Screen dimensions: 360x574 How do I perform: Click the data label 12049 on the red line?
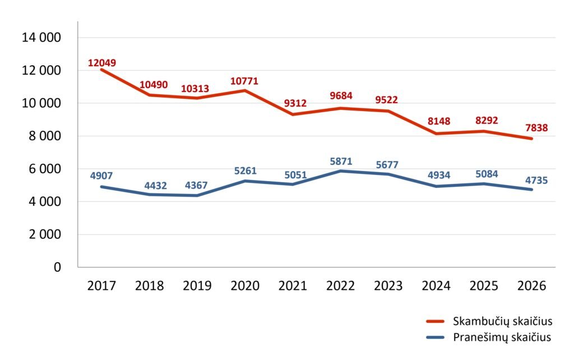coord(102,63)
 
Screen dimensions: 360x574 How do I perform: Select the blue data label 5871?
coord(340,161)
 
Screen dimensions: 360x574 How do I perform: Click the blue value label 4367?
coord(197,186)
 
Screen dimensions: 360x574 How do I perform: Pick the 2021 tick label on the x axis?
coord(293,285)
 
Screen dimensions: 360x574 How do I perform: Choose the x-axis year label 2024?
coord(436,285)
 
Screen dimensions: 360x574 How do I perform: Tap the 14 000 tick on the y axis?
coord(40,38)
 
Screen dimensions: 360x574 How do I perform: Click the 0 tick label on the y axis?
coord(57,267)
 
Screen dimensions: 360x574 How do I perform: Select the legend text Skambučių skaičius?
coord(502,321)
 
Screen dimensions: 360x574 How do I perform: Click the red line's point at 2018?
coord(150,95)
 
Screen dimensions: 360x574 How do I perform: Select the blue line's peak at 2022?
coord(340,171)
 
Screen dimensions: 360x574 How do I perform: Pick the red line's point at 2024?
coord(436,133)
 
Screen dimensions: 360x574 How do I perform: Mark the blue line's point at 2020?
coord(245,181)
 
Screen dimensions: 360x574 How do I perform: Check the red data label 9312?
coord(293,103)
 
